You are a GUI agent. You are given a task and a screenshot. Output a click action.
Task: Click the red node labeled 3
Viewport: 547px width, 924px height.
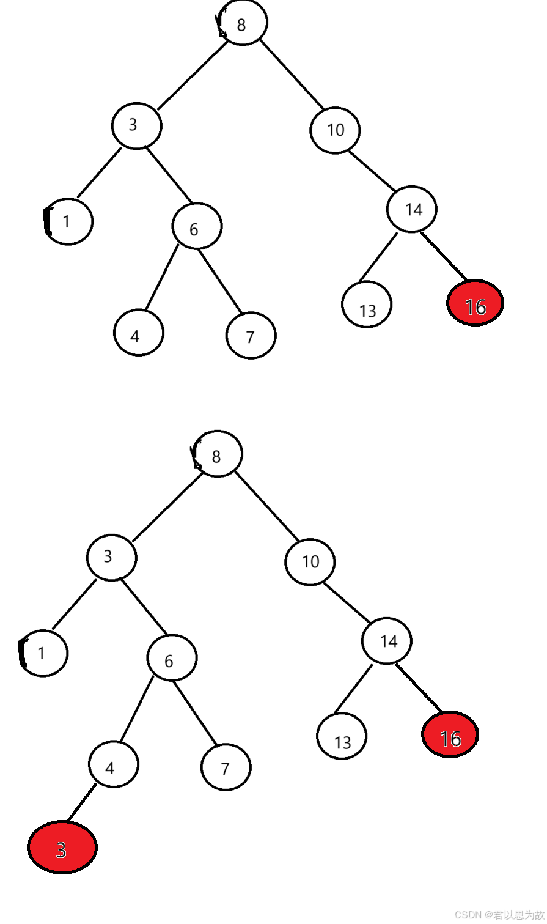click(62, 848)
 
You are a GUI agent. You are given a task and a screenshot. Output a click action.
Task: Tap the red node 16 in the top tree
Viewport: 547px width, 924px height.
click(475, 303)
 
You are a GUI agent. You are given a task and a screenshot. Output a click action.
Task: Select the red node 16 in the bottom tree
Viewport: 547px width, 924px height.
click(450, 734)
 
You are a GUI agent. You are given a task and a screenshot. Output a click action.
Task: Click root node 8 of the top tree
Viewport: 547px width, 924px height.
click(243, 23)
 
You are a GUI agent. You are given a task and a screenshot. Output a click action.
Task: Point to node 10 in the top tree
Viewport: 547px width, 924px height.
click(335, 130)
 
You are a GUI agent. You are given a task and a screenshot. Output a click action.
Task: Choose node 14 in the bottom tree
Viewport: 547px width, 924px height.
click(387, 640)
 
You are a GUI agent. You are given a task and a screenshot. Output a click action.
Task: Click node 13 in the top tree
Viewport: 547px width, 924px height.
click(367, 305)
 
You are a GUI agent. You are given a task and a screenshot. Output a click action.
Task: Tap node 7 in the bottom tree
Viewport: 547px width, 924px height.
click(226, 767)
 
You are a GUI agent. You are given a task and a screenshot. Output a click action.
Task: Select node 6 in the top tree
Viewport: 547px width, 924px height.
click(196, 226)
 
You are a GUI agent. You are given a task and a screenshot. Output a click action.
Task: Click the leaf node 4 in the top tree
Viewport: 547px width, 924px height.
click(139, 333)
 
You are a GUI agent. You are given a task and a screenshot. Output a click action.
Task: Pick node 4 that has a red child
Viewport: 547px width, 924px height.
click(114, 764)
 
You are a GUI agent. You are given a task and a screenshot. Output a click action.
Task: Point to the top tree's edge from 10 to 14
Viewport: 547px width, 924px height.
click(372, 170)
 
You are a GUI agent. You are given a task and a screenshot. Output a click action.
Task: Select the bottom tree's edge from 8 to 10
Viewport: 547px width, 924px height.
click(266, 506)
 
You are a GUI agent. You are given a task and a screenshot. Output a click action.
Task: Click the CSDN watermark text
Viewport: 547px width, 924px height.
click(499, 914)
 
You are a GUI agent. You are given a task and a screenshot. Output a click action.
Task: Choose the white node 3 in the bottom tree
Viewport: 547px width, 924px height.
click(112, 557)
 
